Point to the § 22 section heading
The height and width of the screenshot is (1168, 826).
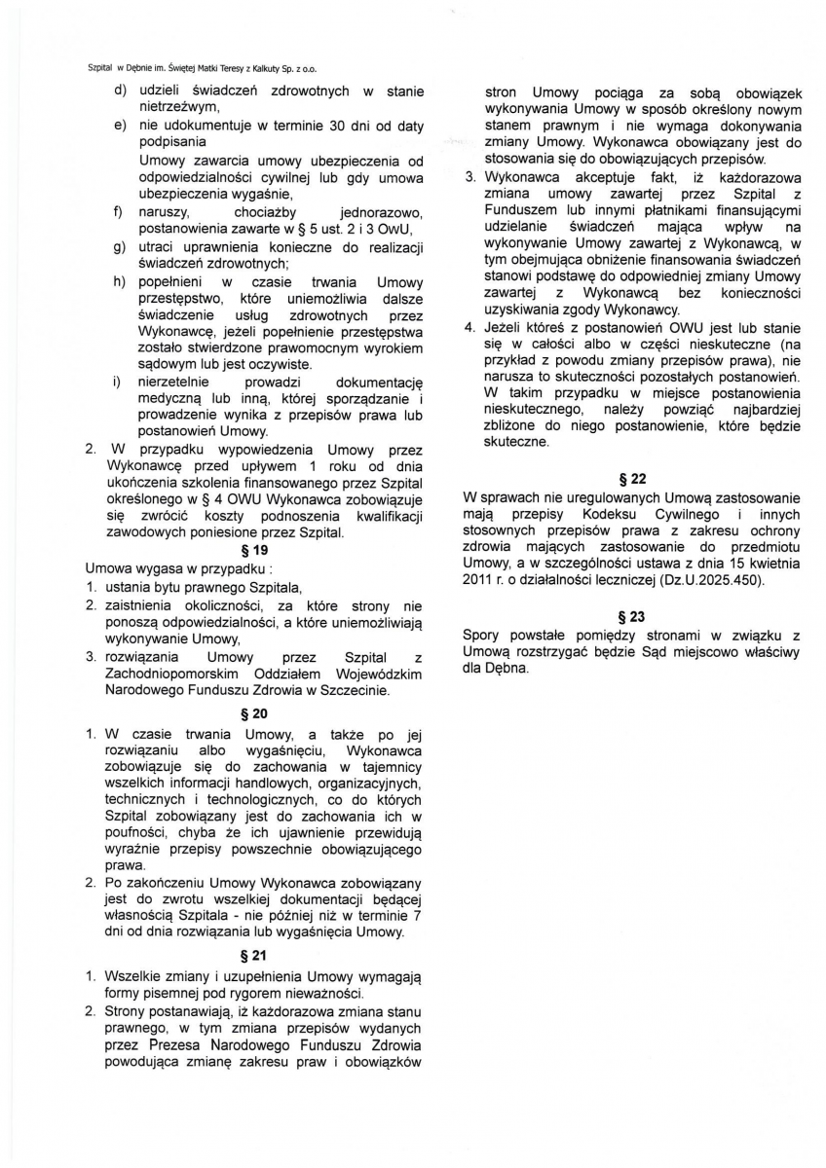(631, 479)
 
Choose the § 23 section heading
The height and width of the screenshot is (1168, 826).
(631, 616)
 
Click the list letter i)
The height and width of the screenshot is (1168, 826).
(119, 383)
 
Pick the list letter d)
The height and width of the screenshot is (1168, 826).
(120, 91)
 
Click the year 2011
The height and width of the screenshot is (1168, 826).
(477, 580)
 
